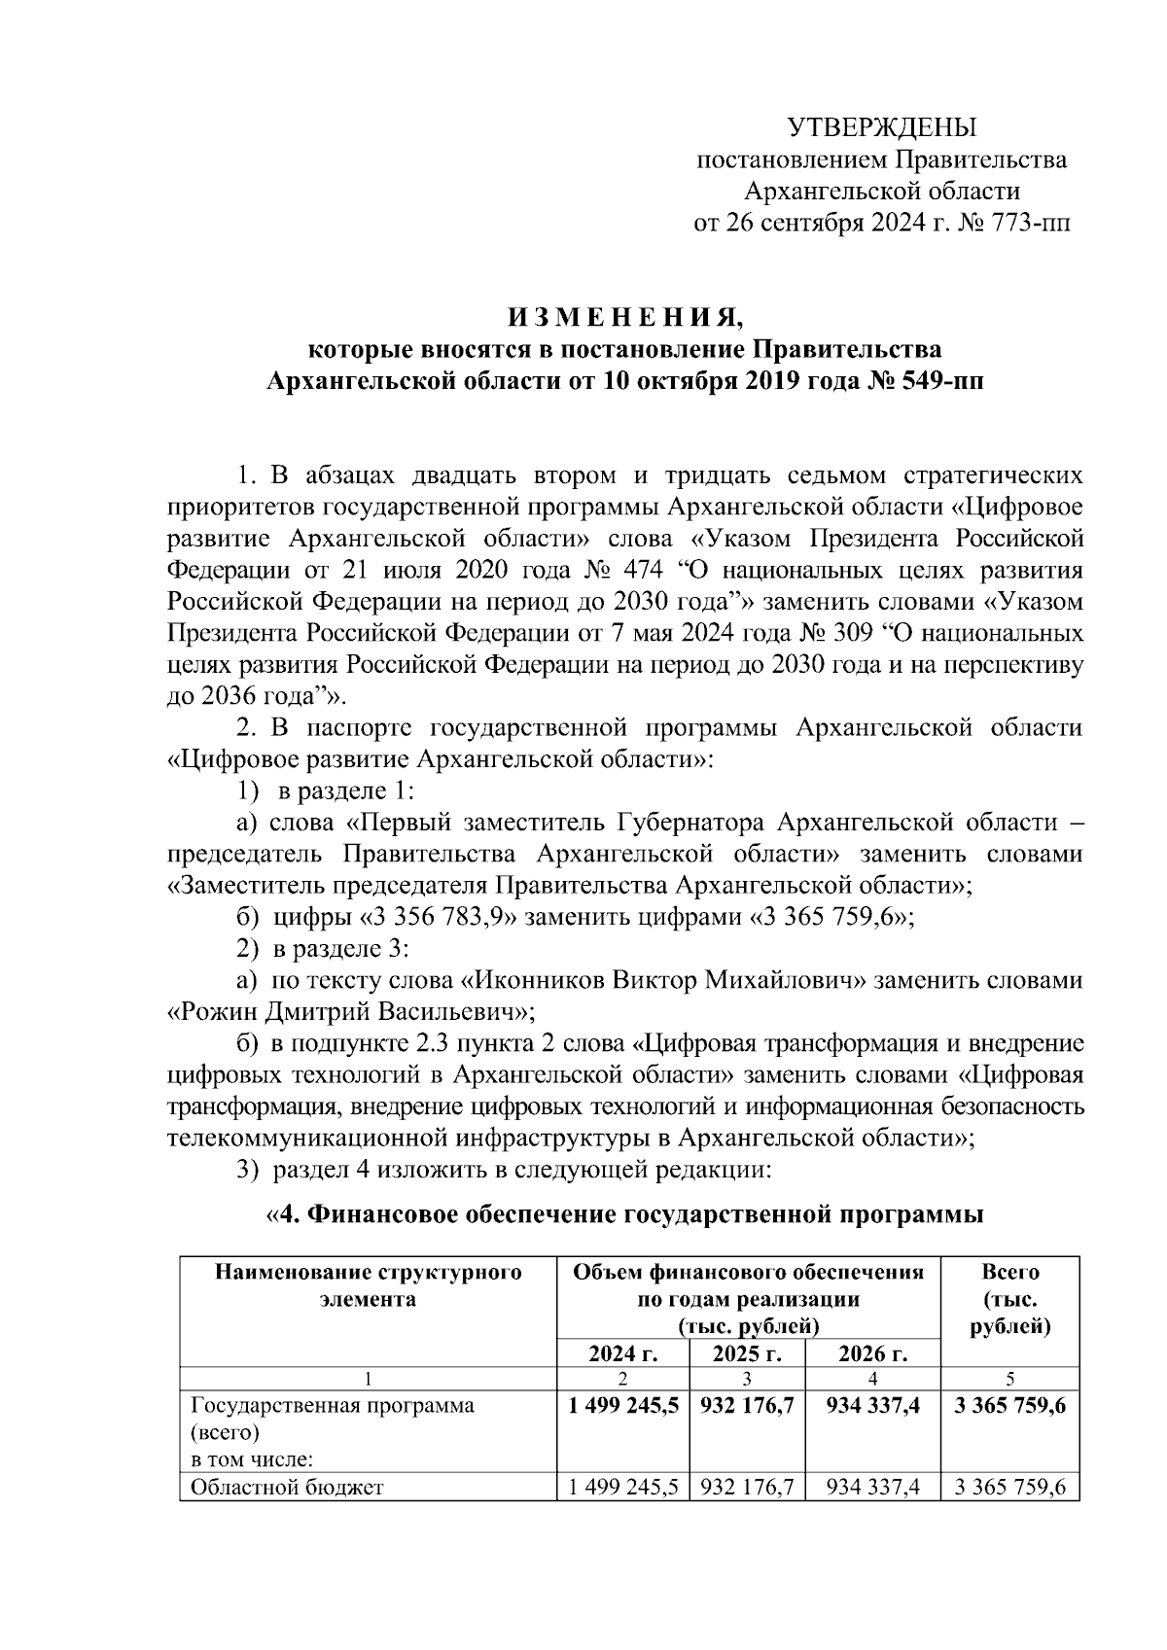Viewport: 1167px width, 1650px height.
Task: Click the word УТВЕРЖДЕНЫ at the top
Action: point(881,128)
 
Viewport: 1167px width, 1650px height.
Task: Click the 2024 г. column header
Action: point(622,1354)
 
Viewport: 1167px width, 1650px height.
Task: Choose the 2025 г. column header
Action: point(746,1354)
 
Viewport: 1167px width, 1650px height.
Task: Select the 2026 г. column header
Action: point(872,1354)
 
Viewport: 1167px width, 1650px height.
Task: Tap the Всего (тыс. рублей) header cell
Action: point(1010,1299)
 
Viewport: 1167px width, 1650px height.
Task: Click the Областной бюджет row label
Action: point(288,1488)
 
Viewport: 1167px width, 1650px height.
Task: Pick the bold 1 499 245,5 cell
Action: point(622,1406)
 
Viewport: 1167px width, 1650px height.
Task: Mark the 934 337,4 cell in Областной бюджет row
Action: point(872,1488)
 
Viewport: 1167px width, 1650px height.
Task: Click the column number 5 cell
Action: point(1010,1378)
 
